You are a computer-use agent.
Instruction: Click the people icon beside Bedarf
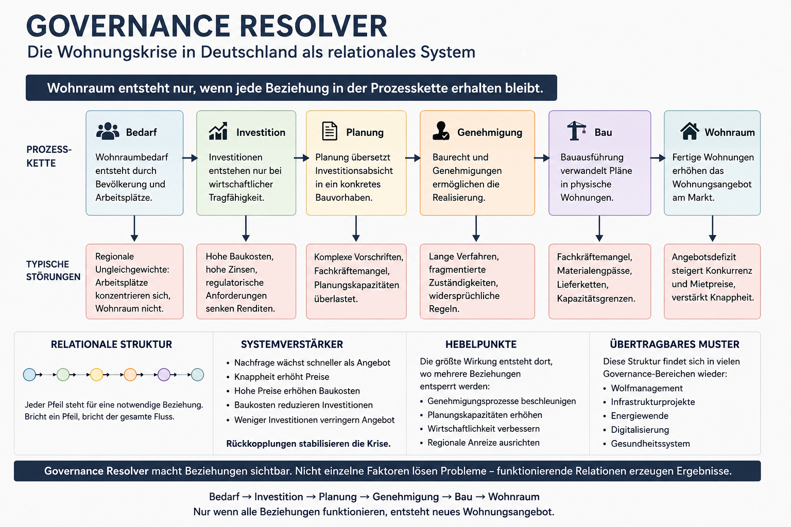point(108,131)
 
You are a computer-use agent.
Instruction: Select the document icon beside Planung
point(330,131)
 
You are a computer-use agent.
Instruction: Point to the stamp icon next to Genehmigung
point(441,131)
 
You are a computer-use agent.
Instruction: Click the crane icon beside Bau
point(576,131)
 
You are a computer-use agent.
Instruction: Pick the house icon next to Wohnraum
point(690,131)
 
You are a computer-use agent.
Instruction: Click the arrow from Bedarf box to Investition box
point(190,158)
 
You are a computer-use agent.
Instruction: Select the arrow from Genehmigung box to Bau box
point(542,158)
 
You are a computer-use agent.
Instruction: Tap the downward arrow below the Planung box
point(356,229)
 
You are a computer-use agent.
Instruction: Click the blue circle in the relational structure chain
point(29,375)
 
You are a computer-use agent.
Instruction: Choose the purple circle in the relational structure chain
point(164,375)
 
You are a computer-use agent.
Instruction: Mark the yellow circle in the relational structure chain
point(97,375)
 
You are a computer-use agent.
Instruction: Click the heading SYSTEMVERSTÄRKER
point(291,344)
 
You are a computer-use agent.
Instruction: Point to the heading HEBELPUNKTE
point(480,344)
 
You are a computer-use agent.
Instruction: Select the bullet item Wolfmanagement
point(647,388)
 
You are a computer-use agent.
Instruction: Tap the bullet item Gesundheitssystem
point(650,444)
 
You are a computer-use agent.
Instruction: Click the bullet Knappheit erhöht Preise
point(282,377)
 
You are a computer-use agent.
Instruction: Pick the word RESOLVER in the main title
point(313,26)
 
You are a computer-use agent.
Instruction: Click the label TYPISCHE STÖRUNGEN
point(54,270)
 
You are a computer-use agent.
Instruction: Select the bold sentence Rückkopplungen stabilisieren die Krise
point(308,444)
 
